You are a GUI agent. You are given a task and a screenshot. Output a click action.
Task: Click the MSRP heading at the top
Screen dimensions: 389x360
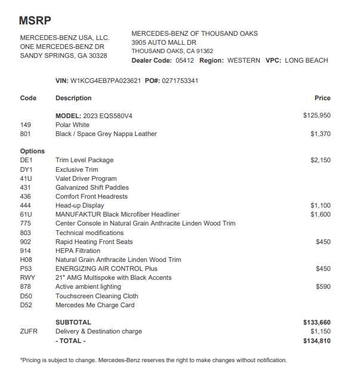pos(35,21)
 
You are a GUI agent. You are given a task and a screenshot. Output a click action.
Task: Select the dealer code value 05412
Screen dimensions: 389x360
pos(184,61)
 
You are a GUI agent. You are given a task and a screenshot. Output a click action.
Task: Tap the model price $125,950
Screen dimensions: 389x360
pos(316,116)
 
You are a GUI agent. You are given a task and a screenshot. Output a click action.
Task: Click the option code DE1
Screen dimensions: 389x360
pos(26,160)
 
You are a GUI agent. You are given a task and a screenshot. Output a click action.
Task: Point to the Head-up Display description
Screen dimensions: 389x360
pos(79,206)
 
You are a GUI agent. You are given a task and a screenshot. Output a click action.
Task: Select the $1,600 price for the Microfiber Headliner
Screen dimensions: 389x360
pos(320,215)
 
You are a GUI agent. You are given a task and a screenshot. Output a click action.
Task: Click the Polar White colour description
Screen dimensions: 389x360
pos(72,125)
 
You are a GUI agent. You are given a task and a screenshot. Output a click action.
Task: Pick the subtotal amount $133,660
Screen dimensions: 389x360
pos(316,323)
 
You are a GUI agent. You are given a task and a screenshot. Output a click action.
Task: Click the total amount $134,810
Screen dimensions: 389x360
pos(316,341)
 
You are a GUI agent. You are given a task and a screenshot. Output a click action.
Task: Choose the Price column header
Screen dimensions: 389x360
pos(322,98)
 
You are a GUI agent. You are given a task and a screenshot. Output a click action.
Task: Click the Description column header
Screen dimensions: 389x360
pos(73,98)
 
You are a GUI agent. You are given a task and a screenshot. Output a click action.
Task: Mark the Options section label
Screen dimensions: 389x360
pos(32,152)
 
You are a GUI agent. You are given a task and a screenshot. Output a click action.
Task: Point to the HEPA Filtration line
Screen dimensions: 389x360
pos(78,251)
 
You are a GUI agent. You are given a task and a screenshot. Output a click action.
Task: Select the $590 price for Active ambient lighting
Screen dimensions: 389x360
pos(322,287)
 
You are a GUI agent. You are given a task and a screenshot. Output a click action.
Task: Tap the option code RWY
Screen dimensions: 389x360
pos(27,278)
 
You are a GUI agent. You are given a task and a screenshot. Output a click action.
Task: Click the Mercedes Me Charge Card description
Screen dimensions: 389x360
pos(95,305)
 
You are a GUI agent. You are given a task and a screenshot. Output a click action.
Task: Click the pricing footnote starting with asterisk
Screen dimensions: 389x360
pos(153,360)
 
